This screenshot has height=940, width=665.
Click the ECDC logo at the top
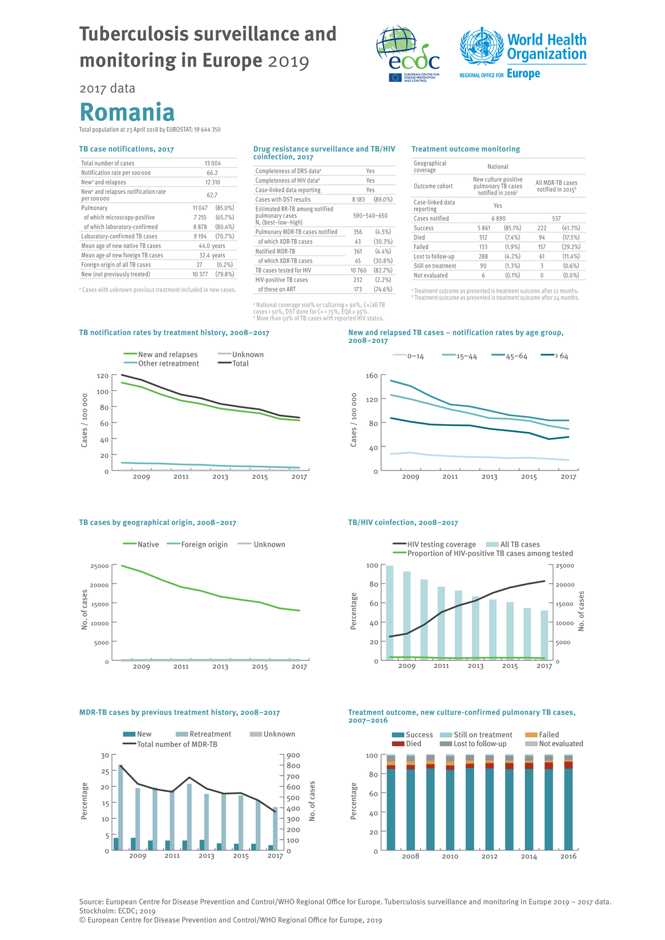[x=408, y=54]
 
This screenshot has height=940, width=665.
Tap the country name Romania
[x=127, y=112]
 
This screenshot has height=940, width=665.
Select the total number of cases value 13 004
[x=213, y=163]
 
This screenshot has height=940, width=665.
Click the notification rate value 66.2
[x=212, y=173]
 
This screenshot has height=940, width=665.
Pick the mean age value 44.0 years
[x=212, y=246]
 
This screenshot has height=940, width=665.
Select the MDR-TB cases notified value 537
[x=556, y=218]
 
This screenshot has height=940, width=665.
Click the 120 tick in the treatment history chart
[x=103, y=376]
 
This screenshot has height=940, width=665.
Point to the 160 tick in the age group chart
[x=371, y=376]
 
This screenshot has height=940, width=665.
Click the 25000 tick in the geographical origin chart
[x=99, y=566]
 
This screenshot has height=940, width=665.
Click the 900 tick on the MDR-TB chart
[x=292, y=755]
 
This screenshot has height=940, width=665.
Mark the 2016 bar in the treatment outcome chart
[x=568, y=802]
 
